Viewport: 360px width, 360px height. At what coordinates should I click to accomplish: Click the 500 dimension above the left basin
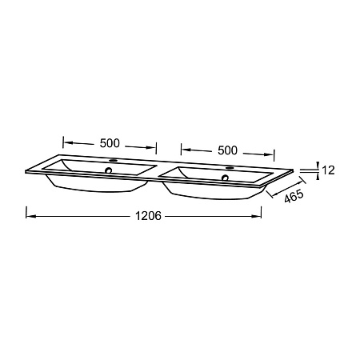(110, 143)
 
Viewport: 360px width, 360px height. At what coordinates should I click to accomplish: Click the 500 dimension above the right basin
(227, 150)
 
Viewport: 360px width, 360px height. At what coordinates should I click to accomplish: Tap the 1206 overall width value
(148, 216)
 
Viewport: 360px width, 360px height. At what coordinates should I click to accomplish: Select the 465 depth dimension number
(294, 196)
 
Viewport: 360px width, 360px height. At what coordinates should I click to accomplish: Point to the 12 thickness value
(328, 170)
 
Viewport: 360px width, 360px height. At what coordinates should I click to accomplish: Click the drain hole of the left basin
(109, 170)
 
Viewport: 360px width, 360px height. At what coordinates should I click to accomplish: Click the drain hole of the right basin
(226, 178)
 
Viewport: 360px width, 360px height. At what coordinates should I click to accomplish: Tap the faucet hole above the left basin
(114, 161)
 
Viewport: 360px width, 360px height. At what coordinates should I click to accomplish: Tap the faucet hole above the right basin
(230, 168)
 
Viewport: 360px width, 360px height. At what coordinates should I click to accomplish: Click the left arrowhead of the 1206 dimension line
(30, 216)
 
